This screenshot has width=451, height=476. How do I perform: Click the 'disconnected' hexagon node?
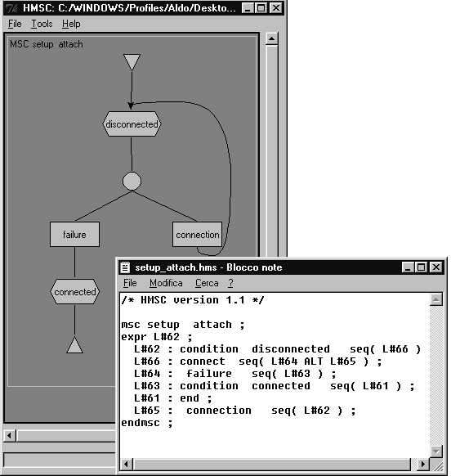132,123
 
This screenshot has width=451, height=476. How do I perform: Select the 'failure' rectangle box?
74,235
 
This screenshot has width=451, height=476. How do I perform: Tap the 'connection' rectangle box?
197,235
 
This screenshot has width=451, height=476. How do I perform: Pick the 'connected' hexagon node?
74,292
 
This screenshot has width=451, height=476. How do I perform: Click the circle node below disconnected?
132,182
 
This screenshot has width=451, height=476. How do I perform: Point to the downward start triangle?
132,62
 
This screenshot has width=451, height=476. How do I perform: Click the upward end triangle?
74,345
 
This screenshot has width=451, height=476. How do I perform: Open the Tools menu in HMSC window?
42,24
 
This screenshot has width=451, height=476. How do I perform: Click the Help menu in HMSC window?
71,24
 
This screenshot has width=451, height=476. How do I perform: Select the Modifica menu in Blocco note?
166,283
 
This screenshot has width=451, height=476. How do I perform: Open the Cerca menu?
207,283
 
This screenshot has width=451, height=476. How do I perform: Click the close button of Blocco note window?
436,267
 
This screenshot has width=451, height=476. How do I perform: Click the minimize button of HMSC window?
248,8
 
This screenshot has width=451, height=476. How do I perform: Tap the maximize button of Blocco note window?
422,267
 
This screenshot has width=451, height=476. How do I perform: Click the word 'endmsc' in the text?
141,423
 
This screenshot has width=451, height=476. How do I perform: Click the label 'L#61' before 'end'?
147,398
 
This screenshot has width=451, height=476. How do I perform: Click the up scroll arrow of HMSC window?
272,38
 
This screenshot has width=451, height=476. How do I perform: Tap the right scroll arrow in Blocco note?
422,465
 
